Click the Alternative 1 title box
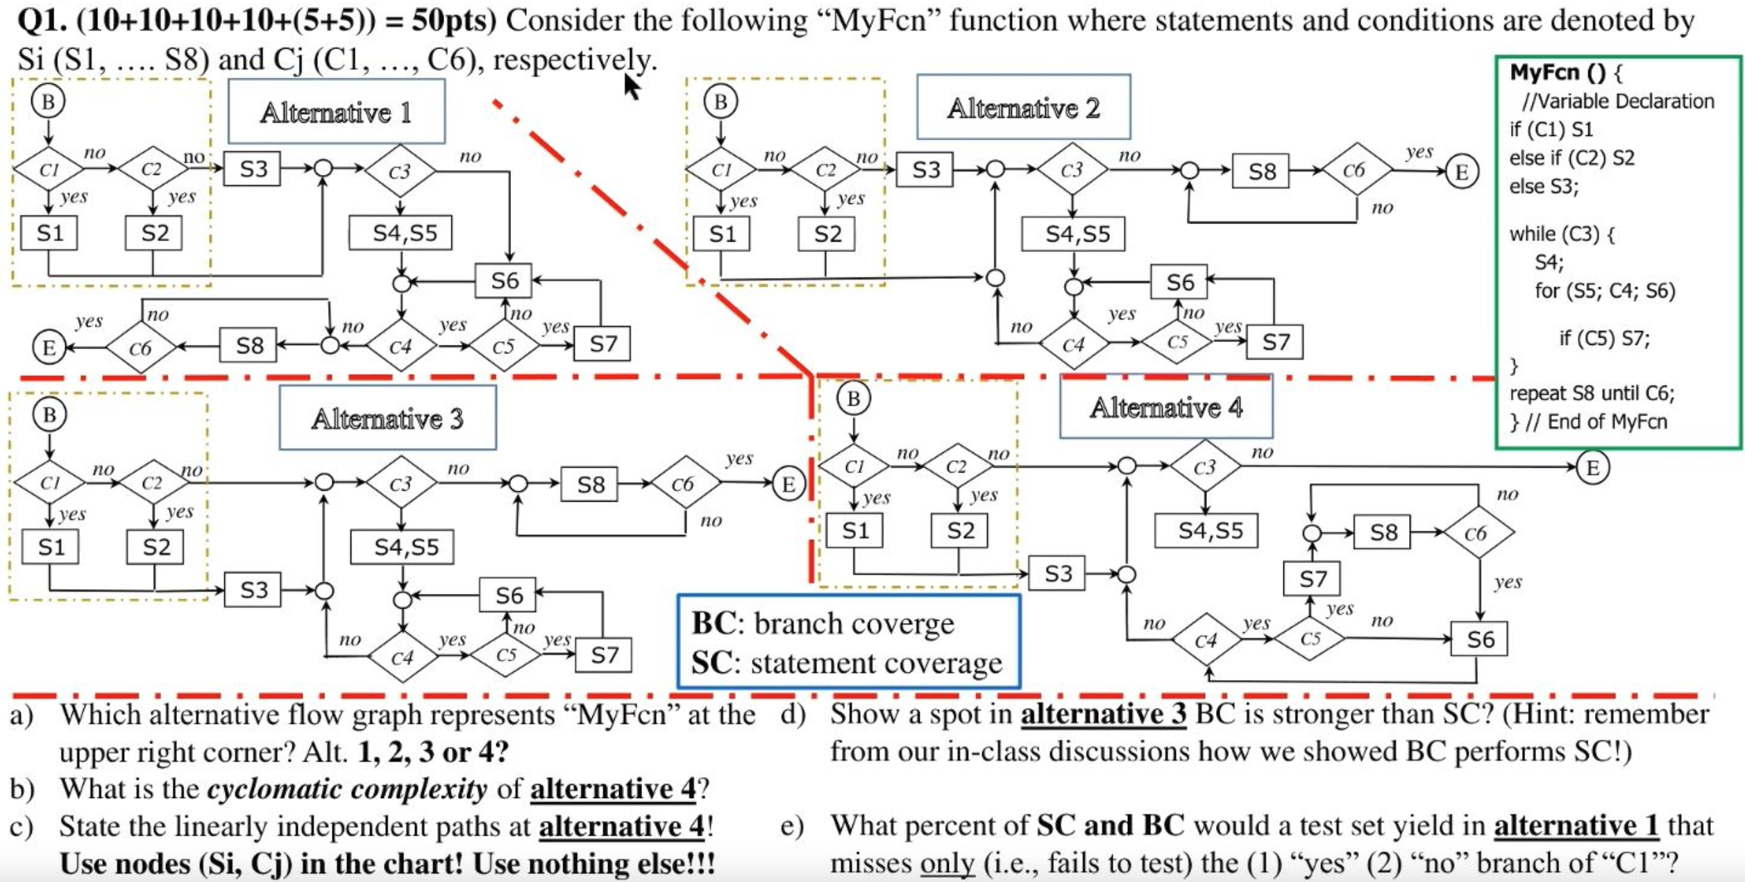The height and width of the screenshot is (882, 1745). tap(336, 112)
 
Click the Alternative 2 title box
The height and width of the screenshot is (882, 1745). tap(1023, 108)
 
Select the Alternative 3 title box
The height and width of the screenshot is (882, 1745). tap(387, 418)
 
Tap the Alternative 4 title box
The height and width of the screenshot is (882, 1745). tap(1165, 407)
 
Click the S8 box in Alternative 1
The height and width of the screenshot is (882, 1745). tap(248, 345)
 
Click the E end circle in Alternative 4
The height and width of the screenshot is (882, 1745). tap(1592, 467)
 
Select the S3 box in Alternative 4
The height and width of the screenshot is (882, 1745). tap(1056, 573)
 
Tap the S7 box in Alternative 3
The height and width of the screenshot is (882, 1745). tap(603, 654)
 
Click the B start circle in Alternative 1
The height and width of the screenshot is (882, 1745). tap(48, 101)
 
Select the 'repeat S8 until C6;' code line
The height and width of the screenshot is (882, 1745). tap(1592, 393)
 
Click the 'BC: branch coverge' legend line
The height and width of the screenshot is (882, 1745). tap(823, 623)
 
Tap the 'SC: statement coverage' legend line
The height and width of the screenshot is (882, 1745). tap(846, 663)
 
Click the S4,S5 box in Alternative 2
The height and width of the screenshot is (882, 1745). tap(1074, 235)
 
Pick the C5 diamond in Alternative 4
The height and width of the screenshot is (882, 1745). tap(1309, 638)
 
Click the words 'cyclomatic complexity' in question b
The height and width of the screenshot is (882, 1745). tap(347, 789)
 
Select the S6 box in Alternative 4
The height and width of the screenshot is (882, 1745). tap(1479, 639)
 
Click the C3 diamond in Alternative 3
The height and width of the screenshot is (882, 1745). tap(401, 483)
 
